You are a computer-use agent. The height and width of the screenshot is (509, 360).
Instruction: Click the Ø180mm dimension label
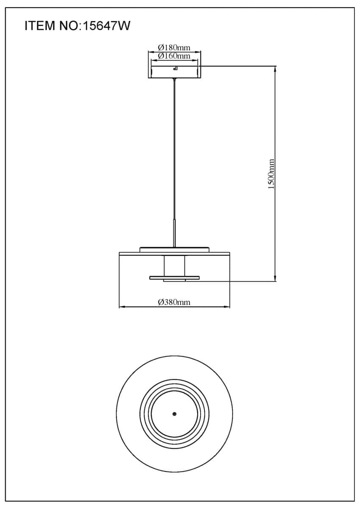pyautogui.click(x=174, y=48)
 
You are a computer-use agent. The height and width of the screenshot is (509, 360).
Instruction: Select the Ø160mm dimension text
pyautogui.click(x=174, y=56)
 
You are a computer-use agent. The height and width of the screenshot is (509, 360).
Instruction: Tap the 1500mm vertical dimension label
pyautogui.click(x=271, y=174)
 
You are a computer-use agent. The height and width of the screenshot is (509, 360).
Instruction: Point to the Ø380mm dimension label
pyautogui.click(x=174, y=302)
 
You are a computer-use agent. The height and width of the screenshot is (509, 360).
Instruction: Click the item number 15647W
pyautogui.click(x=107, y=26)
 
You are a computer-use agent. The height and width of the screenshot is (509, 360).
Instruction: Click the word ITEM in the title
pyautogui.click(x=40, y=26)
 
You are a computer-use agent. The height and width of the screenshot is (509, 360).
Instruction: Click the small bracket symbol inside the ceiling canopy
pyautogui.click(x=176, y=68)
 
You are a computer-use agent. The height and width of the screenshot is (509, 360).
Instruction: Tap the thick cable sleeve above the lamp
pyautogui.click(x=174, y=233)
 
